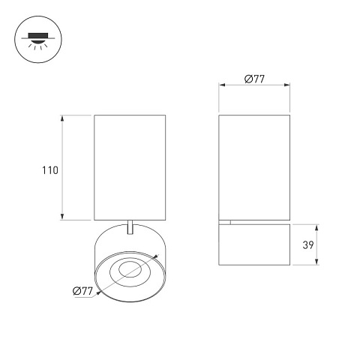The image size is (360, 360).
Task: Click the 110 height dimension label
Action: (50, 170)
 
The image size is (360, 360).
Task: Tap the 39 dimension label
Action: (308, 244)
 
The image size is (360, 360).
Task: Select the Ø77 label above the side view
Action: (254, 79)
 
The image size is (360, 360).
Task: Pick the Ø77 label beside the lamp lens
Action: (82, 291)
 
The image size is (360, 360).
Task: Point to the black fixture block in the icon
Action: (38, 35)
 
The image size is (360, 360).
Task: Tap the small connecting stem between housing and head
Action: (130, 227)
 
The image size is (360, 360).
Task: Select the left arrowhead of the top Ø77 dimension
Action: (222, 85)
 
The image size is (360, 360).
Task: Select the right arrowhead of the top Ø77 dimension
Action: (287, 85)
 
